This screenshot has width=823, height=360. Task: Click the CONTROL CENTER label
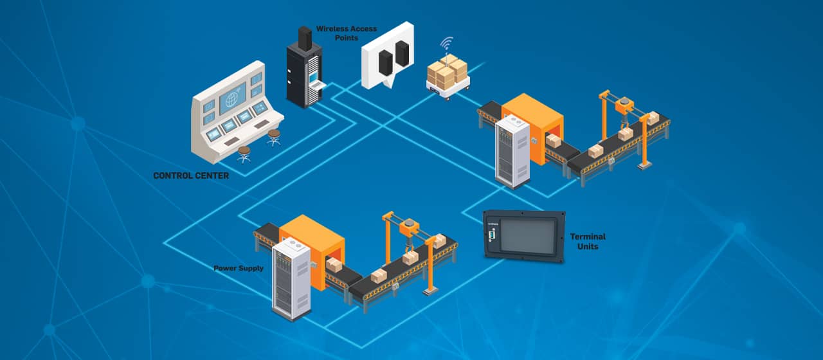pyautogui.click(x=191, y=175)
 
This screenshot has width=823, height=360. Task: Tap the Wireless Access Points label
pyautogui.click(x=346, y=33)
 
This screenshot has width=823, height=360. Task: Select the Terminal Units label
pyautogui.click(x=588, y=241)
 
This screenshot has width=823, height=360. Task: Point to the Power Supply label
pyautogui.click(x=239, y=268)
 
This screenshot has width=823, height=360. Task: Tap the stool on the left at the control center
pyautogui.click(x=244, y=154)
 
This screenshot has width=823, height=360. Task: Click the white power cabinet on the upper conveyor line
pyautogui.click(x=513, y=152)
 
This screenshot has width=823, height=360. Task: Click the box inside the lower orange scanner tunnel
pyautogui.click(x=333, y=264)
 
